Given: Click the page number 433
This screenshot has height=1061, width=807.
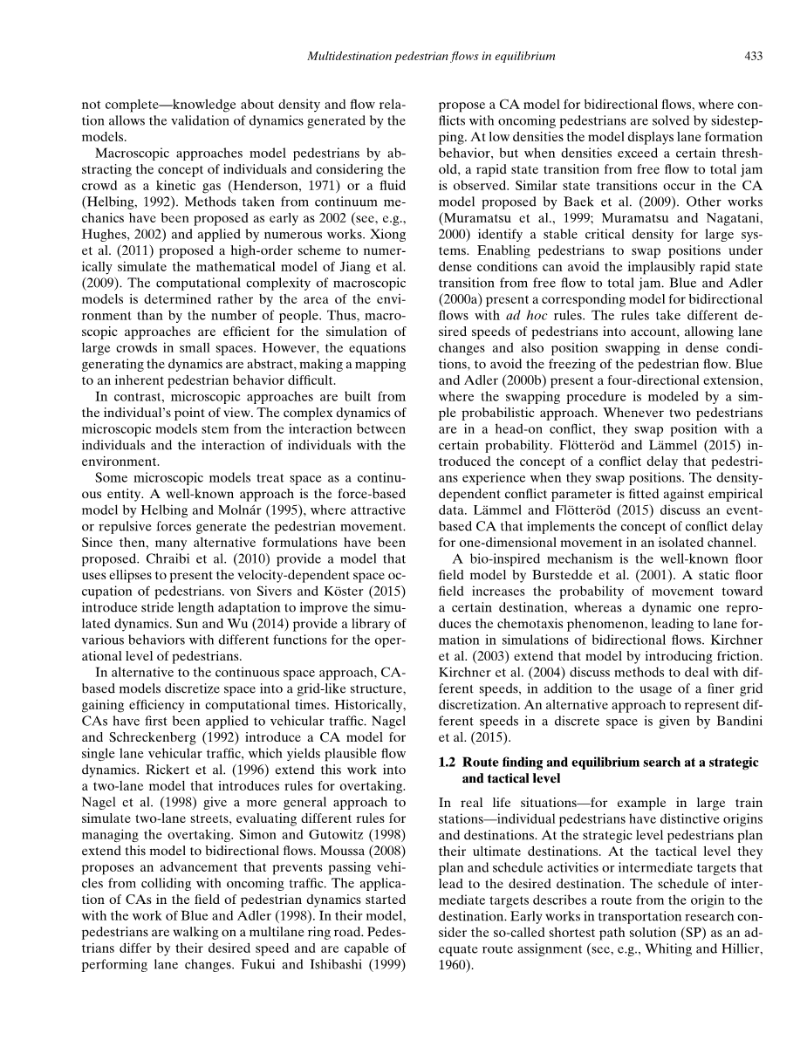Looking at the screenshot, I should pos(754,57).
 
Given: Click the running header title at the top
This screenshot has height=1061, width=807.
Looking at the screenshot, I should pos(432,57).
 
